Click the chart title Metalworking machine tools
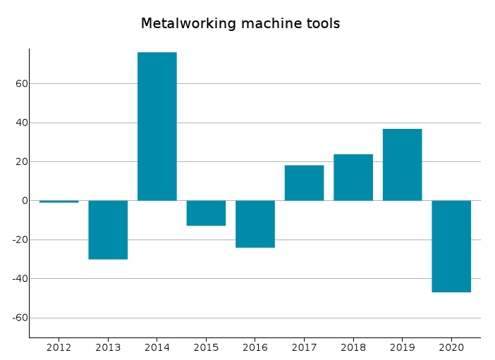click(240, 24)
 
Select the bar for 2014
click(157, 127)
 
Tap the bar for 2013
click(108, 230)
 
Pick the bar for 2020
click(451, 246)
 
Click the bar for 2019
click(402, 165)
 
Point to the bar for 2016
click(255, 224)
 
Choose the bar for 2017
click(304, 183)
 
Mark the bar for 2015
click(206, 213)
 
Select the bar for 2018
click(353, 178)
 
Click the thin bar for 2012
click(59, 201)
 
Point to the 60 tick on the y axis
click(20, 84)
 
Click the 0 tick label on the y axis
click(24, 201)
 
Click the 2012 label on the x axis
click(59, 347)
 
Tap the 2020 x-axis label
click(451, 347)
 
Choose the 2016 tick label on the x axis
click(255, 347)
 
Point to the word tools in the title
click(323, 24)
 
